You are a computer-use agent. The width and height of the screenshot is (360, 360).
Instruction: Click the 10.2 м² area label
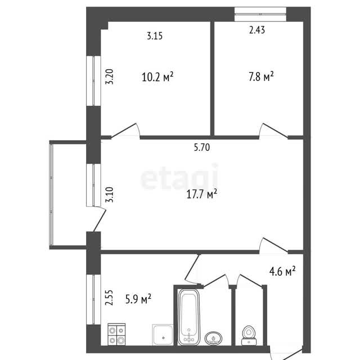pos(157,76)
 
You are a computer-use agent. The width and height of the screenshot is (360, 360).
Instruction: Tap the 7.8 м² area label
pos(261,76)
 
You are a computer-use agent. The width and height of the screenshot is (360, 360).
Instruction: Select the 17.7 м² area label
pos(201,194)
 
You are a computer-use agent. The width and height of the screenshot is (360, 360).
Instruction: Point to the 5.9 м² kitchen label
pos(138,299)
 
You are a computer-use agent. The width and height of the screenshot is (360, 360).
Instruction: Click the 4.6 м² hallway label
pos(282,271)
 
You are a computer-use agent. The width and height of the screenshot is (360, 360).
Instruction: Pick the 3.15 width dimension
pos(155,36)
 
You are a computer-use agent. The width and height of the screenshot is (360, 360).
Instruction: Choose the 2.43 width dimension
pos(257,30)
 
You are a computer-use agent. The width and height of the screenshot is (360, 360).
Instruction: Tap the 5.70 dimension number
pos(202,147)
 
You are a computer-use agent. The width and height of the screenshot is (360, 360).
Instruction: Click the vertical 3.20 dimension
pos(110,76)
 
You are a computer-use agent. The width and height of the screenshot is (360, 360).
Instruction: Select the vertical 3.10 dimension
pos(110,195)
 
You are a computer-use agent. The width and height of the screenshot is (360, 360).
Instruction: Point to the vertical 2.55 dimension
pos(109,298)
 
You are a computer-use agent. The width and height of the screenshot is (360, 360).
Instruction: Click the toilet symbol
pos(249,335)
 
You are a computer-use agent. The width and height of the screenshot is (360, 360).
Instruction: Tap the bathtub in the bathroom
pos(189,317)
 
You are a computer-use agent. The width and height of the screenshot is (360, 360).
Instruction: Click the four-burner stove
pos(116,334)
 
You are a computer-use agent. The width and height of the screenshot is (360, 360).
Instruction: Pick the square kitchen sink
pos(163,335)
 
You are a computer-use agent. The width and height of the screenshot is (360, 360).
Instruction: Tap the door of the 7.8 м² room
pos(273,131)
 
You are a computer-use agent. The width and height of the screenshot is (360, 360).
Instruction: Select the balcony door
pos(100,219)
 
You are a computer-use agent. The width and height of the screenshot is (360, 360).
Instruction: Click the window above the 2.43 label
pos(260,14)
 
